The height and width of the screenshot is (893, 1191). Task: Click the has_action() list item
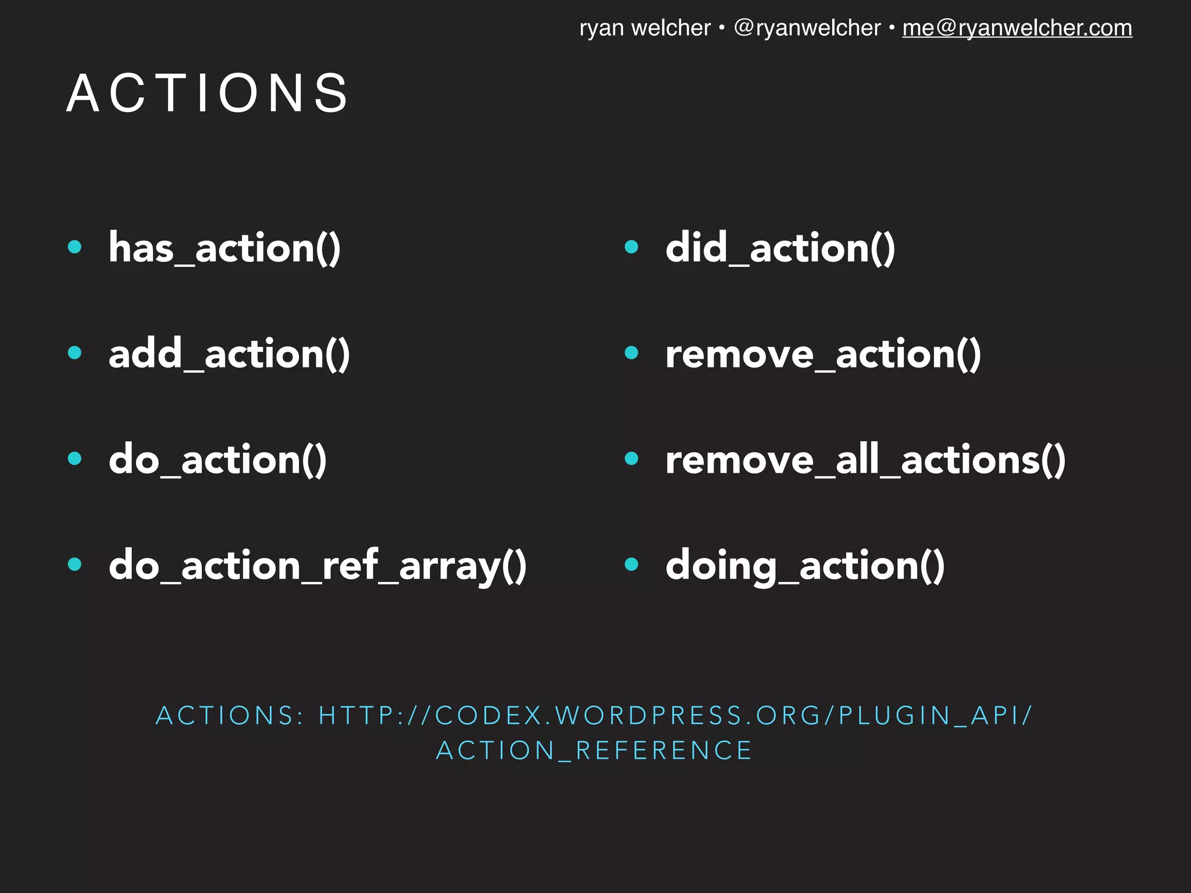[224, 248]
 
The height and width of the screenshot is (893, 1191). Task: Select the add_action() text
[229, 354]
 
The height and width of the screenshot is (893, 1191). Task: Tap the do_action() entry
[217, 460]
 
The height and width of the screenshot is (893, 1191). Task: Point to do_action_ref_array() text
[318, 566]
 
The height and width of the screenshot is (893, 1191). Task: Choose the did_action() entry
[780, 248]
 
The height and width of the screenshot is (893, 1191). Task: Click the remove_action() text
[823, 354]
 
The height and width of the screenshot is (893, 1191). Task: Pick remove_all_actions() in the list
[865, 460]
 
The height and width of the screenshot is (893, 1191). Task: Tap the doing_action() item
[805, 566]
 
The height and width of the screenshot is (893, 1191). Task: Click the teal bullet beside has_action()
[74, 247]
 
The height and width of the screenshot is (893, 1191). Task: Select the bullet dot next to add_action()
[74, 352]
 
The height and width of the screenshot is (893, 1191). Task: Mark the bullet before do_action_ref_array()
[74, 564]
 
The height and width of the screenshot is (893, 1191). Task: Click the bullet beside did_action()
[632, 247]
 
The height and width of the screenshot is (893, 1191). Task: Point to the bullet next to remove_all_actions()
[632, 459]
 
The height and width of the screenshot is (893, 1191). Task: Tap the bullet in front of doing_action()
[632, 564]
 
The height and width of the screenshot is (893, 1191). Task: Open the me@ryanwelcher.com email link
[1017, 28]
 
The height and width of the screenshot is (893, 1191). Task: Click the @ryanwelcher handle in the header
[807, 28]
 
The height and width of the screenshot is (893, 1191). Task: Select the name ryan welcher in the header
[645, 28]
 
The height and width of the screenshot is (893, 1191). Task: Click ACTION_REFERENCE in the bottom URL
[594, 751]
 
